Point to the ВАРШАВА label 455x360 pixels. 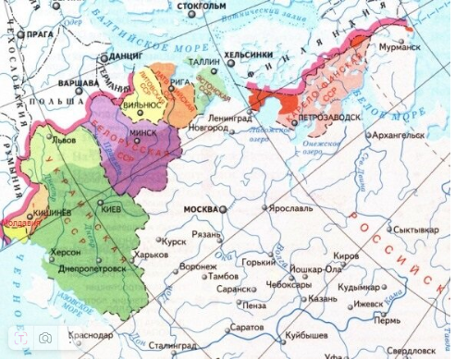77,82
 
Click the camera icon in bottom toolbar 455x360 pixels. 43,339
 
